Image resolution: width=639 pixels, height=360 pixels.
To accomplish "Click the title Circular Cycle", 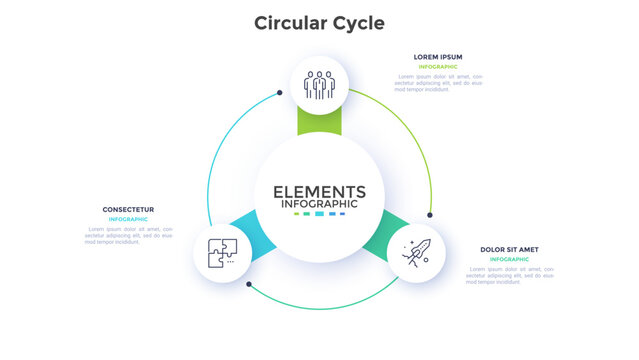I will pos(319,22).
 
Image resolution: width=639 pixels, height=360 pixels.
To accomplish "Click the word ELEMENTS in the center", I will pos(319,192).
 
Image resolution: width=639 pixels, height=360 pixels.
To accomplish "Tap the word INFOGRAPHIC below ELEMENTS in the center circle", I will pos(319,204).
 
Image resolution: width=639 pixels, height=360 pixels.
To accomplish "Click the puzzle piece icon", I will pos(222,252).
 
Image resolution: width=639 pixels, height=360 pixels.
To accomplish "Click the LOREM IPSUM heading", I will pos(438,56).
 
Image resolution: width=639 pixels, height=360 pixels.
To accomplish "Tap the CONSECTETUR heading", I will pos(127,209).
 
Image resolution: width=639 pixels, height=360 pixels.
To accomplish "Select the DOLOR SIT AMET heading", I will pos(509,249).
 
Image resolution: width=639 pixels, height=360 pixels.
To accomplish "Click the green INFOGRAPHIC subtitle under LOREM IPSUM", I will pos(438,67).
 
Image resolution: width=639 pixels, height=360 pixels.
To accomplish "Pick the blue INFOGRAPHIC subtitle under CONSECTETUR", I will pos(128,219).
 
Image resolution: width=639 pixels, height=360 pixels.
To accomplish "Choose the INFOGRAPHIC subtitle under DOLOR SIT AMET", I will pos(509,259).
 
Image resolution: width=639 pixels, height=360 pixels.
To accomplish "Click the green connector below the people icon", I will pos(319,123).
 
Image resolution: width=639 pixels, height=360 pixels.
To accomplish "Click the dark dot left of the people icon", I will pos(280,93).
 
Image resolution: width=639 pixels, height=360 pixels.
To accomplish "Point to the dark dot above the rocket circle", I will pos(430,214).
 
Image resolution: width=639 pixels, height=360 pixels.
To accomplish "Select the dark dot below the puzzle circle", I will pos(249,284).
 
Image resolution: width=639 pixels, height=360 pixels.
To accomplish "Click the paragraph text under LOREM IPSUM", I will pos(439,82).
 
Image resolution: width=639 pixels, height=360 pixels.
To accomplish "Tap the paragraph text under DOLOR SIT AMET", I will pos(509,275).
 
